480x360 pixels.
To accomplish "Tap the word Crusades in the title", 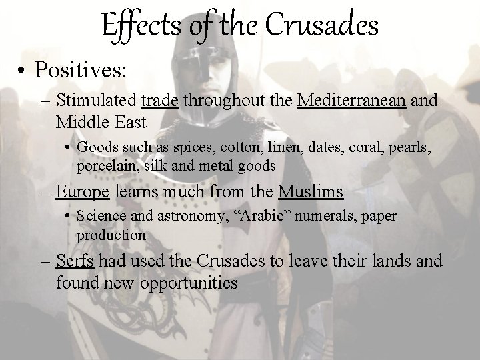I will click(323, 27).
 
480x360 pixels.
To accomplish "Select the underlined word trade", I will click(160, 101).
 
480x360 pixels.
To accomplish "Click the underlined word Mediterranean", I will click(353, 101).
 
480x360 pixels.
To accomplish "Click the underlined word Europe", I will click(83, 193).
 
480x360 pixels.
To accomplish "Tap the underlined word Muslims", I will click(311, 193).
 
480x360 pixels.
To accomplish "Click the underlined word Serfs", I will click(75, 260).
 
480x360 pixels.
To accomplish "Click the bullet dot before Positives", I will click(23, 70).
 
